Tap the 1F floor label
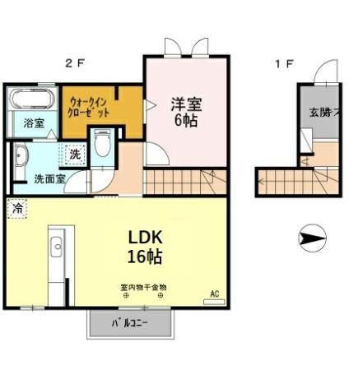(x=283, y=63)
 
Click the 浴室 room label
(x=32, y=128)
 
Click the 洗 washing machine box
(x=73, y=153)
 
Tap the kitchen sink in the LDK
(x=57, y=247)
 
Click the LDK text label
(x=145, y=237)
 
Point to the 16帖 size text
(x=145, y=257)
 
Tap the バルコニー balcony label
(x=130, y=323)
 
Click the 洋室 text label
(x=187, y=105)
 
